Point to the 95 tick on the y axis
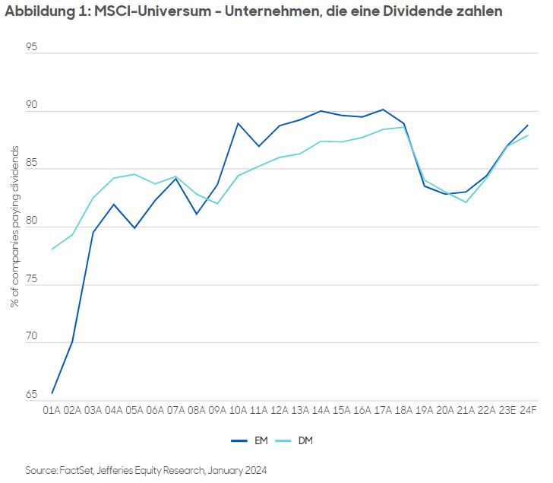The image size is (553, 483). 31,47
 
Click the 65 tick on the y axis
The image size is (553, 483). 31,395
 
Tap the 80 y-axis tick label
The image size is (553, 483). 31,226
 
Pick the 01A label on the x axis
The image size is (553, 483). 52,410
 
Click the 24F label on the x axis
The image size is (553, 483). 528,410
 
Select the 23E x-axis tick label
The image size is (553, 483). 507,410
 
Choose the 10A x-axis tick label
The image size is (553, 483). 238,410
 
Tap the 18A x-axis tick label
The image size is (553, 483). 403,410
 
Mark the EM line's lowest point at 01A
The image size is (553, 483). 52,393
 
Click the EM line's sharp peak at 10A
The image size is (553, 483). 238,123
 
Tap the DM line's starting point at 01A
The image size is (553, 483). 52,249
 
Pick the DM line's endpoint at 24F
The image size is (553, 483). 528,135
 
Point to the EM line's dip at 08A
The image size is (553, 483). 197,214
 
